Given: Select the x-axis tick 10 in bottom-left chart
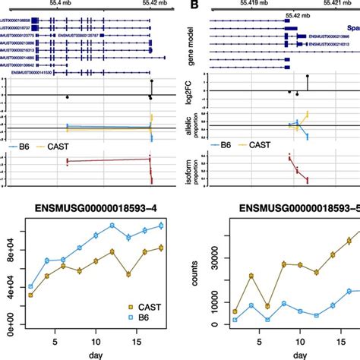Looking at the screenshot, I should [95, 343].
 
